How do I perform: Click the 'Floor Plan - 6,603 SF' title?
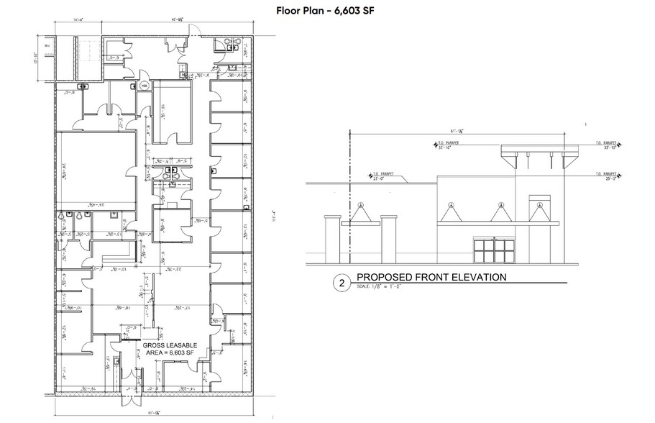click(x=326, y=11)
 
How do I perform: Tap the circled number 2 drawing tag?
click(x=342, y=283)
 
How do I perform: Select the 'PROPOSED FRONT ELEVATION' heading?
click(x=432, y=277)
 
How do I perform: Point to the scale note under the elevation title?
click(x=384, y=288)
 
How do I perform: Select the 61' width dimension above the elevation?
click(x=455, y=129)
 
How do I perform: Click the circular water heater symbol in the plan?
click(x=143, y=85)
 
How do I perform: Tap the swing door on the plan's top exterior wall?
click(x=191, y=30)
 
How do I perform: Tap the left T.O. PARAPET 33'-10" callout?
click(x=449, y=146)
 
